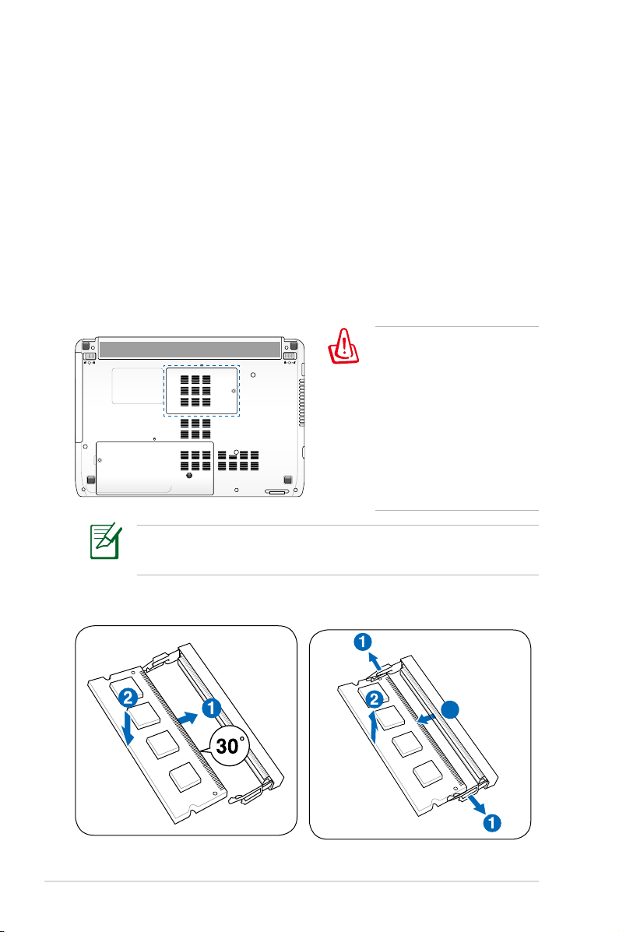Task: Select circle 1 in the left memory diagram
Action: [209, 708]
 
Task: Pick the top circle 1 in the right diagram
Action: [360, 643]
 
